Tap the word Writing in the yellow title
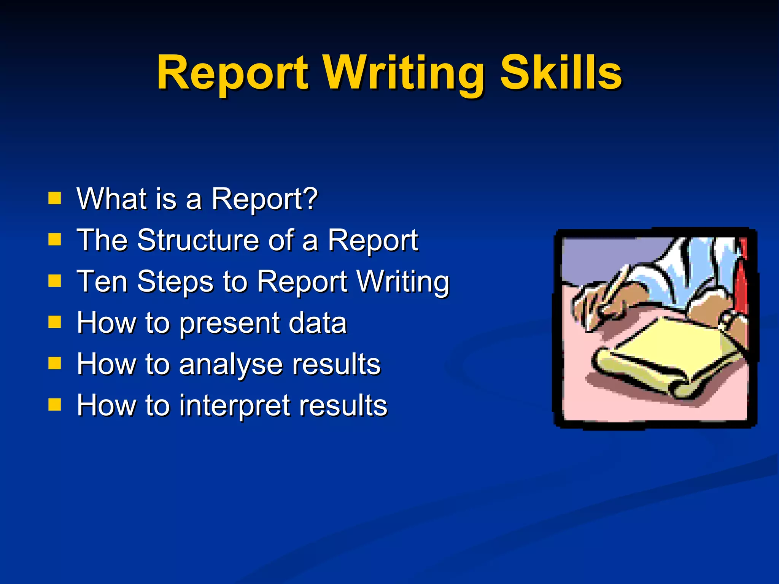click(404, 74)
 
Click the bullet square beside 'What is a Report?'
click(55, 198)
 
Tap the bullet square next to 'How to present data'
click(55, 322)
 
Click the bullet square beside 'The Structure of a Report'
click(55, 240)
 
